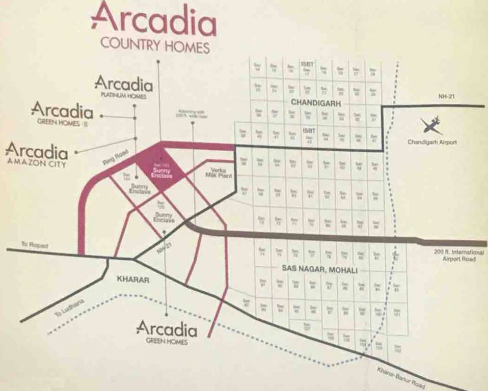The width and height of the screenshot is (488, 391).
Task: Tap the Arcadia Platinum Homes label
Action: (123, 87)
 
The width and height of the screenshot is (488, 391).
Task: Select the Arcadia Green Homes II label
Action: (62, 113)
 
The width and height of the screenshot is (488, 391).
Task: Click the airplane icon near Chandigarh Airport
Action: (431, 125)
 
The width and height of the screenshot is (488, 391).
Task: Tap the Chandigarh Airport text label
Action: (432, 142)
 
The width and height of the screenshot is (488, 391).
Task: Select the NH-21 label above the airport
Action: (446, 96)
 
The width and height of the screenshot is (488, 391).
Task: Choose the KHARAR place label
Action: (132, 280)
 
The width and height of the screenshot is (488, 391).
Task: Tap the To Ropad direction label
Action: (35, 245)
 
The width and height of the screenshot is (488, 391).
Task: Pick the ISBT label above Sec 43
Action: (309, 130)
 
